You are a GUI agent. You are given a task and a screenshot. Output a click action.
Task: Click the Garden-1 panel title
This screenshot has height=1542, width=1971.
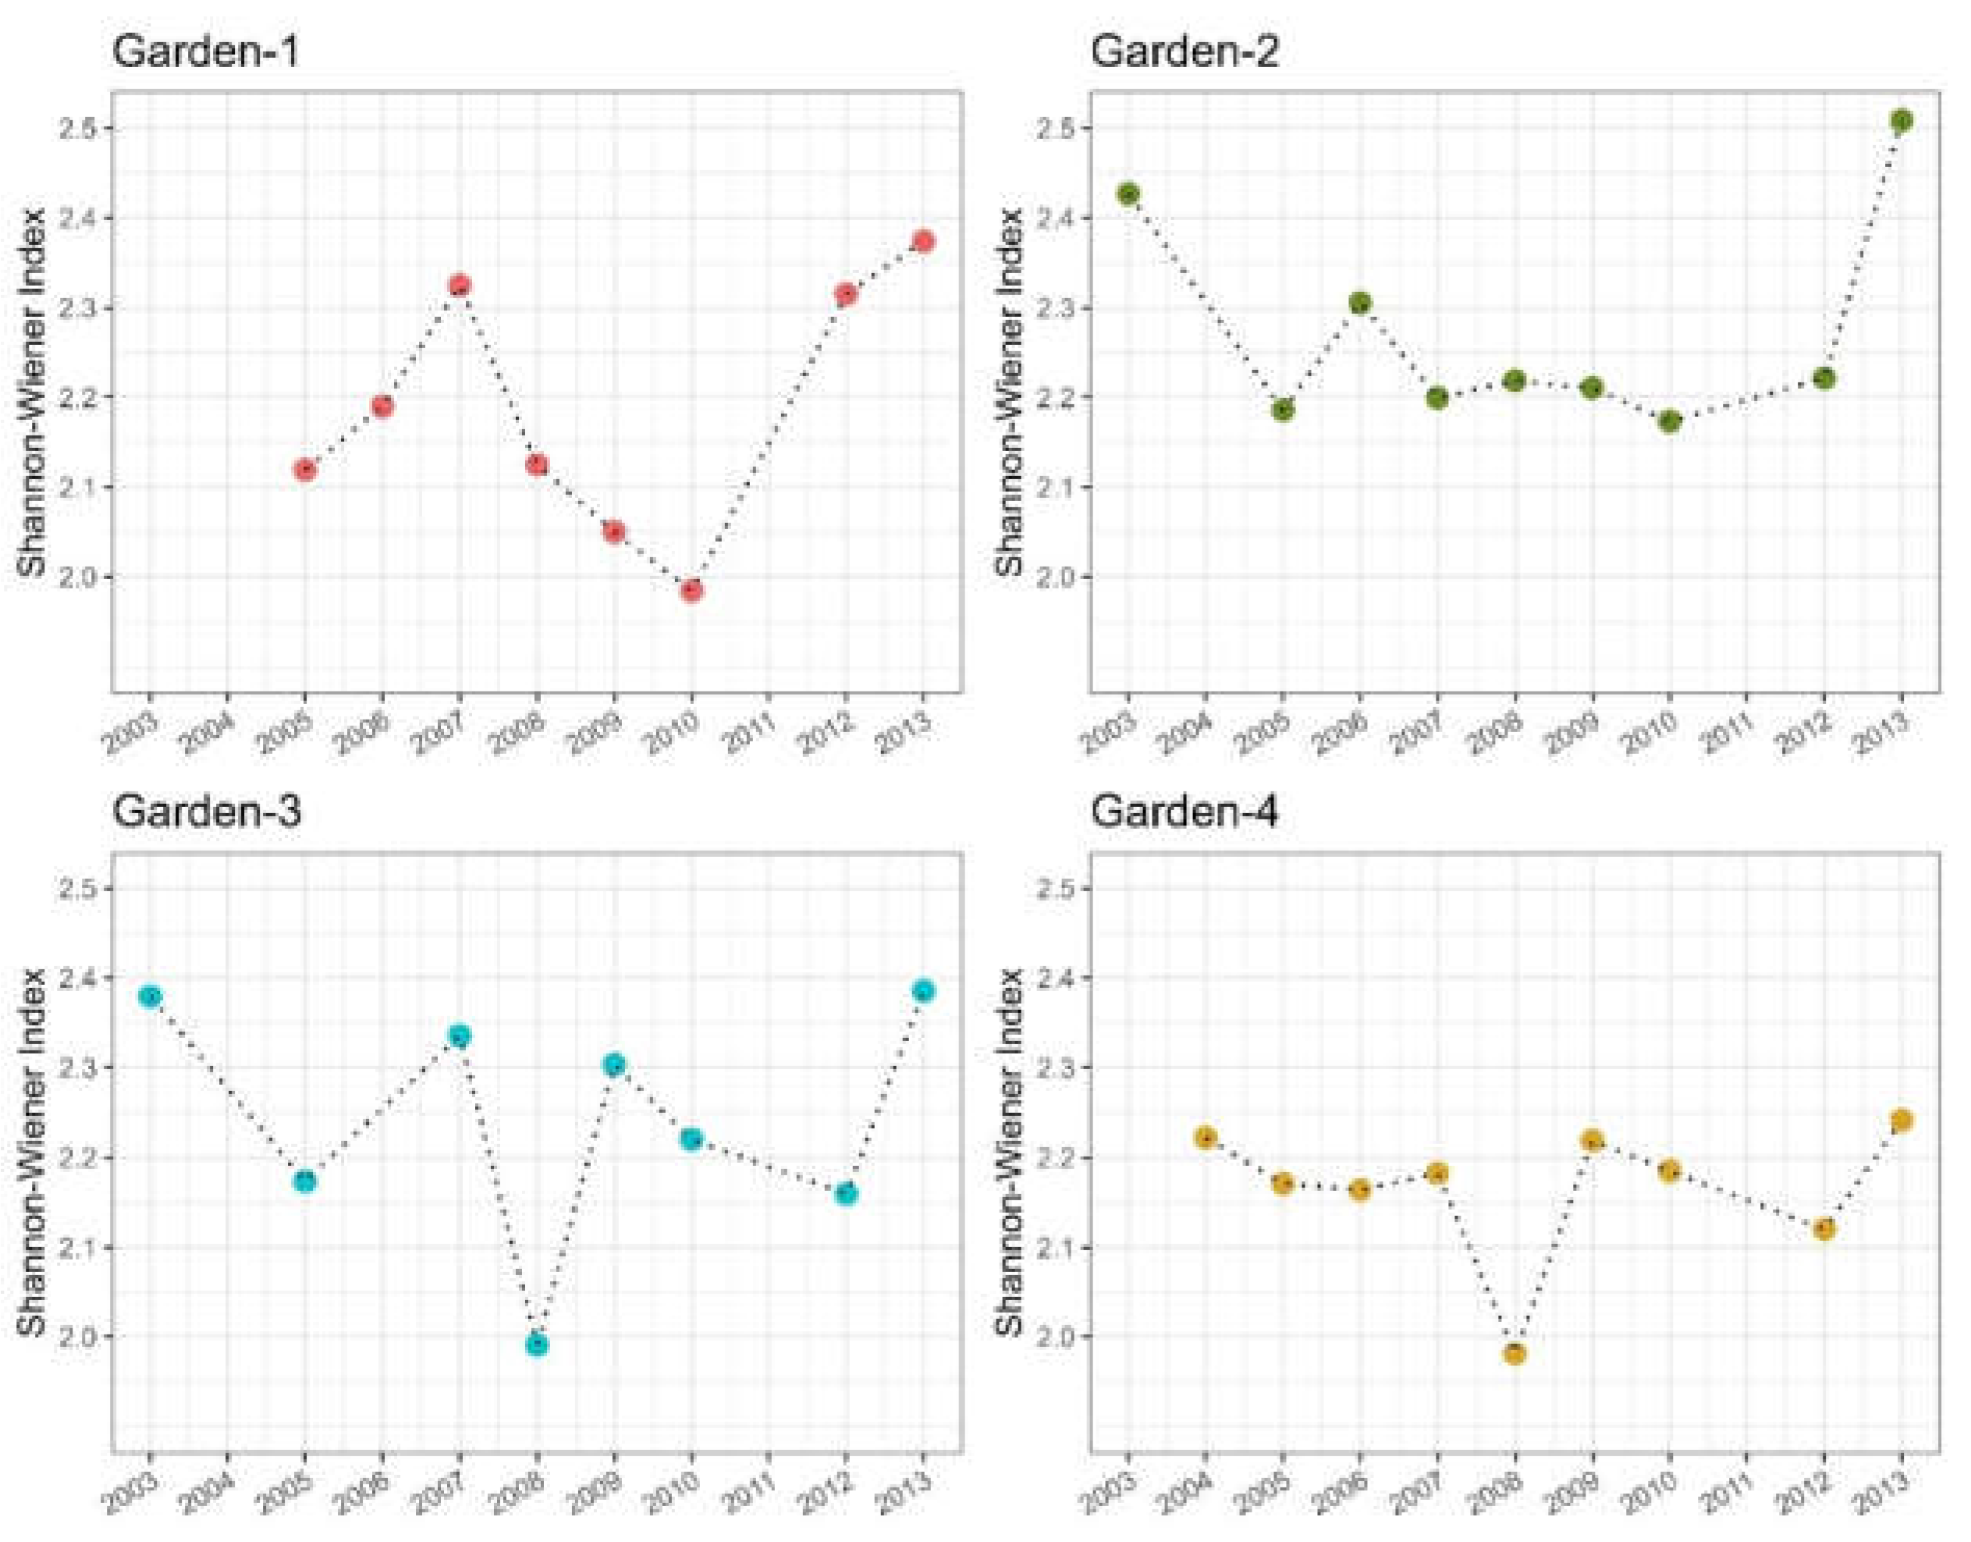[x=205, y=52]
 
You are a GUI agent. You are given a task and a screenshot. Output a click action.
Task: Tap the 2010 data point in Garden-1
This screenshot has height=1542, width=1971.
[x=691, y=591]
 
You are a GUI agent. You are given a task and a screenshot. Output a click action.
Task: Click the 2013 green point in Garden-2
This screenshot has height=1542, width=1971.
[x=1901, y=121]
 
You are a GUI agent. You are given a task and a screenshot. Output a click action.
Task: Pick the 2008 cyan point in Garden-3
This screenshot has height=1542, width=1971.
[x=537, y=1345]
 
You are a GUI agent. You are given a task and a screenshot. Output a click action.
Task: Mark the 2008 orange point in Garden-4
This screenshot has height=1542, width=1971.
[x=1515, y=1353]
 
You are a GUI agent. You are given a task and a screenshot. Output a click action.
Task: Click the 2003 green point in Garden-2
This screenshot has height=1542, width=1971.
[x=1128, y=194]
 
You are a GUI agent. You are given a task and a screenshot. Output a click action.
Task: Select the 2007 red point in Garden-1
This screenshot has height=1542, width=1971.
[x=460, y=286]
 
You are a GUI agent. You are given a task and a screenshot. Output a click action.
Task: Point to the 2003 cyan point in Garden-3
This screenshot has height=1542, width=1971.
[x=150, y=997]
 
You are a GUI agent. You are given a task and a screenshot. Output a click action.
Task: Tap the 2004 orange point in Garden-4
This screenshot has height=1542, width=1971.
[x=1205, y=1138]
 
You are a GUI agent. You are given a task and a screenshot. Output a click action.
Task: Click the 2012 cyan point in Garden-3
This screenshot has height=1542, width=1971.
[x=846, y=1195]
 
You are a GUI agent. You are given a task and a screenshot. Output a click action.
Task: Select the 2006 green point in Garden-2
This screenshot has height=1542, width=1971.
[x=1359, y=304]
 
